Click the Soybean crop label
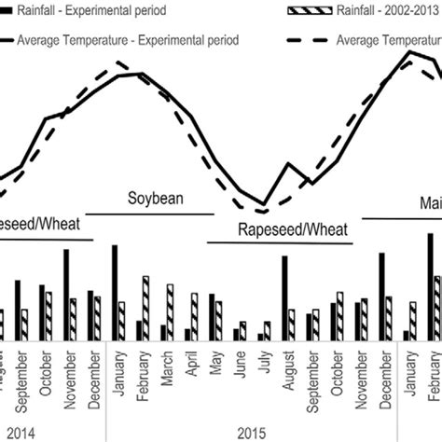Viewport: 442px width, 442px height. (156, 198)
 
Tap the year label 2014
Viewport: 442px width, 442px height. (22, 433)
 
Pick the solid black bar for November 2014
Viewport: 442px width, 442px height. (65, 295)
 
